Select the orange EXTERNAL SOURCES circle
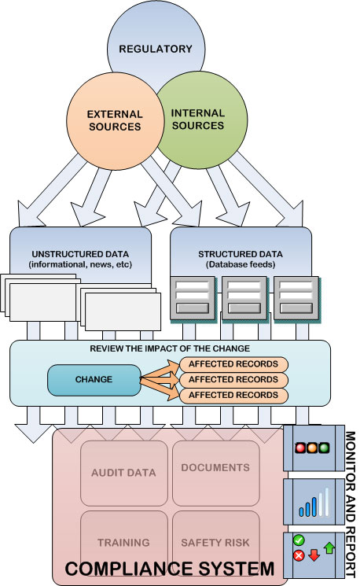point(116,120)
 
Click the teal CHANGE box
point(94,380)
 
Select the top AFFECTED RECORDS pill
point(233,364)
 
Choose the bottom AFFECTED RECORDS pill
point(233,396)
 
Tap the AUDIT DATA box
point(124,474)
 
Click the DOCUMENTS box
point(216,474)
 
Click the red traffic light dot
point(300,448)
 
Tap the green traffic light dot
point(324,448)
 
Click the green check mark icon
point(299,540)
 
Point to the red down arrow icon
point(314,555)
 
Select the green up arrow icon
point(329,548)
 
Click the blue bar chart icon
point(314,503)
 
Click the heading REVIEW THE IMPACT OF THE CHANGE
point(170,348)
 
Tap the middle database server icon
point(245,298)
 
